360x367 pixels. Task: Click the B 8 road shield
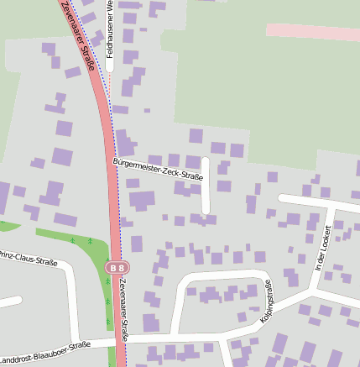117,268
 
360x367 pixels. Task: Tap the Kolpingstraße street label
268,301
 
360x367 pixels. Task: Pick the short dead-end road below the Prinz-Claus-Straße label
8,301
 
